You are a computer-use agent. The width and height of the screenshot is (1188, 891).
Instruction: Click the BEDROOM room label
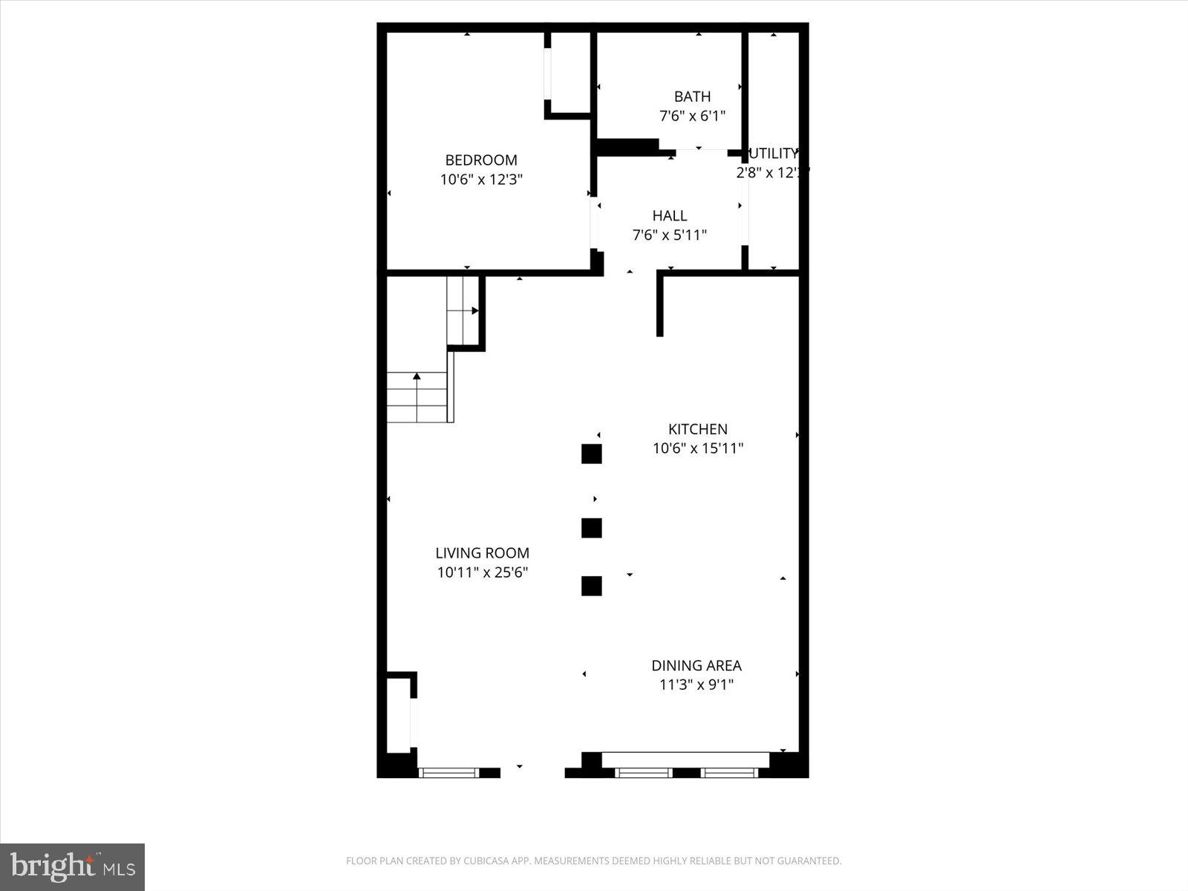point(481,160)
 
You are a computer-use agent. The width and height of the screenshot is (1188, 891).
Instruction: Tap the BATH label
point(692,97)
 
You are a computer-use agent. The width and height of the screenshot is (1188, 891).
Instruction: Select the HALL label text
point(670,215)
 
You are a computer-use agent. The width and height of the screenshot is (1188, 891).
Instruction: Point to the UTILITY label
point(773,154)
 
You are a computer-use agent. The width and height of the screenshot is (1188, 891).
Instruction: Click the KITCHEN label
point(698,428)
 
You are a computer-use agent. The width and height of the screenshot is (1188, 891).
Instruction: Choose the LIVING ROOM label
point(482,552)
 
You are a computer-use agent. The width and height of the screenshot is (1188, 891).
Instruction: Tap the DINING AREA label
point(696,665)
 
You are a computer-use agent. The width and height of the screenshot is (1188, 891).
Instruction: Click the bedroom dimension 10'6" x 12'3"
point(481,180)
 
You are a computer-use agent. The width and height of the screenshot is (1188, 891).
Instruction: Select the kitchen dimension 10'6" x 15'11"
point(698,448)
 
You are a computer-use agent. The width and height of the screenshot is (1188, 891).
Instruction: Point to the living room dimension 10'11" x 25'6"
point(482,572)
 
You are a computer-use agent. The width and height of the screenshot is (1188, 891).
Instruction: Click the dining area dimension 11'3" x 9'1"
point(696,685)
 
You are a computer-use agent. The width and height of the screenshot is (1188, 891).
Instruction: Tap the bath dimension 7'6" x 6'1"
point(692,116)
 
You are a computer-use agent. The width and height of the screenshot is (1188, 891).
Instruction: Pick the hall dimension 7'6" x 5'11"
point(670,235)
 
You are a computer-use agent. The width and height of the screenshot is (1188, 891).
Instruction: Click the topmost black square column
point(591,454)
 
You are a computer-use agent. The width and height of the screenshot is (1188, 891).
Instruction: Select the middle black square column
point(591,528)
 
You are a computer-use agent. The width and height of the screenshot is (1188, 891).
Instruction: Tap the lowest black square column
point(591,586)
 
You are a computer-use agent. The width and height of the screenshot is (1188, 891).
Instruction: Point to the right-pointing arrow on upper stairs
point(474,311)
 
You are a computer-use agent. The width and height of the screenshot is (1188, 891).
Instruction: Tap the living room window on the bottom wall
point(448,773)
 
